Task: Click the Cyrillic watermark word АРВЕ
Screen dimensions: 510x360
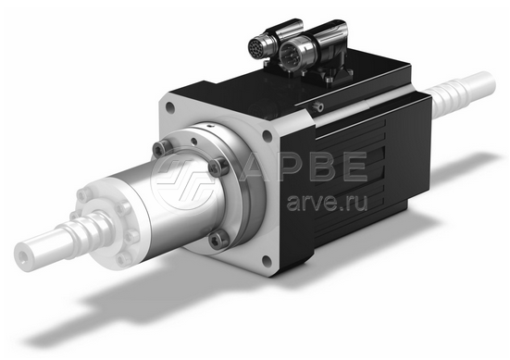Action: (305, 167)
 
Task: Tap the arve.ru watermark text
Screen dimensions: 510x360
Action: (328, 203)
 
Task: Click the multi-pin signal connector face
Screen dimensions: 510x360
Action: (258, 48)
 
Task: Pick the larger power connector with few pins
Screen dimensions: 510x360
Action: (292, 53)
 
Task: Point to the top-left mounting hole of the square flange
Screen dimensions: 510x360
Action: (169, 106)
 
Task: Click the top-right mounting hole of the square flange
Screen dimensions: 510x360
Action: (267, 135)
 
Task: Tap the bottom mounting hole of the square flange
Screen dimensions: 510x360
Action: (267, 260)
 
